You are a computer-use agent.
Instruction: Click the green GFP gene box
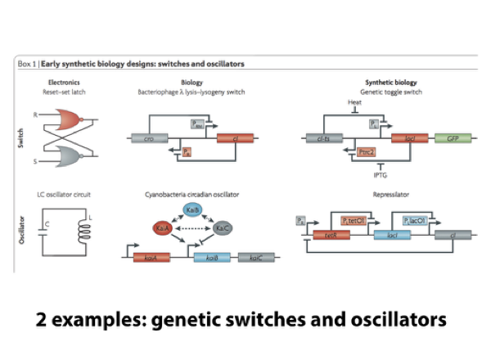[452, 138]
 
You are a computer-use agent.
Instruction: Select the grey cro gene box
[149, 138]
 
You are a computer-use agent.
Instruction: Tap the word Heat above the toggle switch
[354, 102]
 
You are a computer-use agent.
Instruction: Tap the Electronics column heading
[64, 83]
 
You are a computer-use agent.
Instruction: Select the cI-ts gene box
[324, 138]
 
